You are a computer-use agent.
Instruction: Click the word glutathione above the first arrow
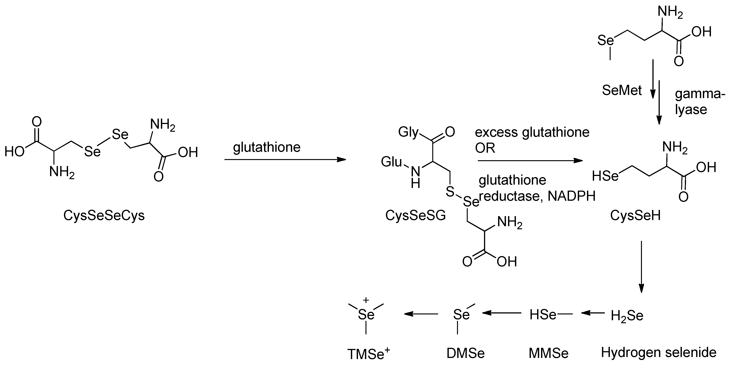coord(266,147)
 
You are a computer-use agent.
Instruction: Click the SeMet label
coord(622,91)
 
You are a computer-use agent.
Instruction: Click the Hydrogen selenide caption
coord(658,352)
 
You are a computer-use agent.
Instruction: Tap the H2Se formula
coord(627,316)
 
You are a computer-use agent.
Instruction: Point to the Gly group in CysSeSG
coord(408,132)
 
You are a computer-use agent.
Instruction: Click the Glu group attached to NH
coord(391,162)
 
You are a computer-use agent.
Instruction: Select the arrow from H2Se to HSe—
coord(593,313)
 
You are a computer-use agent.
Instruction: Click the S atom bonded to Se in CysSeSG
coord(450,192)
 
